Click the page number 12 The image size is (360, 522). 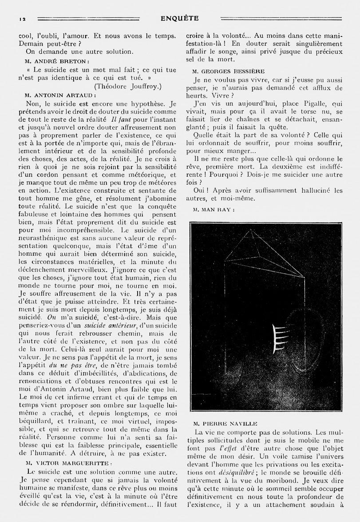(21, 18)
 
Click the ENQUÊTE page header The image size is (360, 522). (180, 18)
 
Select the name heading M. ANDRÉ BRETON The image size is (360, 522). (57, 61)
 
